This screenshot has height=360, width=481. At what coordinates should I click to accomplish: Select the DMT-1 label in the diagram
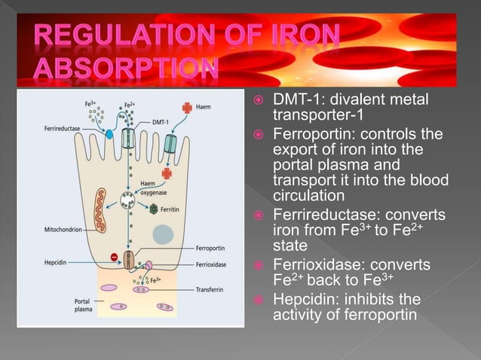161,121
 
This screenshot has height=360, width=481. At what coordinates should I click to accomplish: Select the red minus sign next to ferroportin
112,258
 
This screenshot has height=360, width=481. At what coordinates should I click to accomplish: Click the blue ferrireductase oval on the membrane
109,134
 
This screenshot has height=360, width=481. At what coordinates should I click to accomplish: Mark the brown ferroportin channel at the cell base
128,260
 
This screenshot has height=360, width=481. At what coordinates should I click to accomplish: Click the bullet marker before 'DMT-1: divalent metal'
257,101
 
